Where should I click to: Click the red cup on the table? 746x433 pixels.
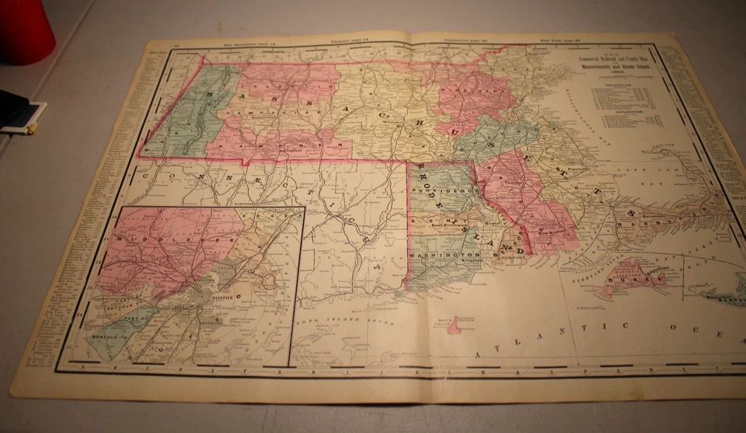pos(25,31)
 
